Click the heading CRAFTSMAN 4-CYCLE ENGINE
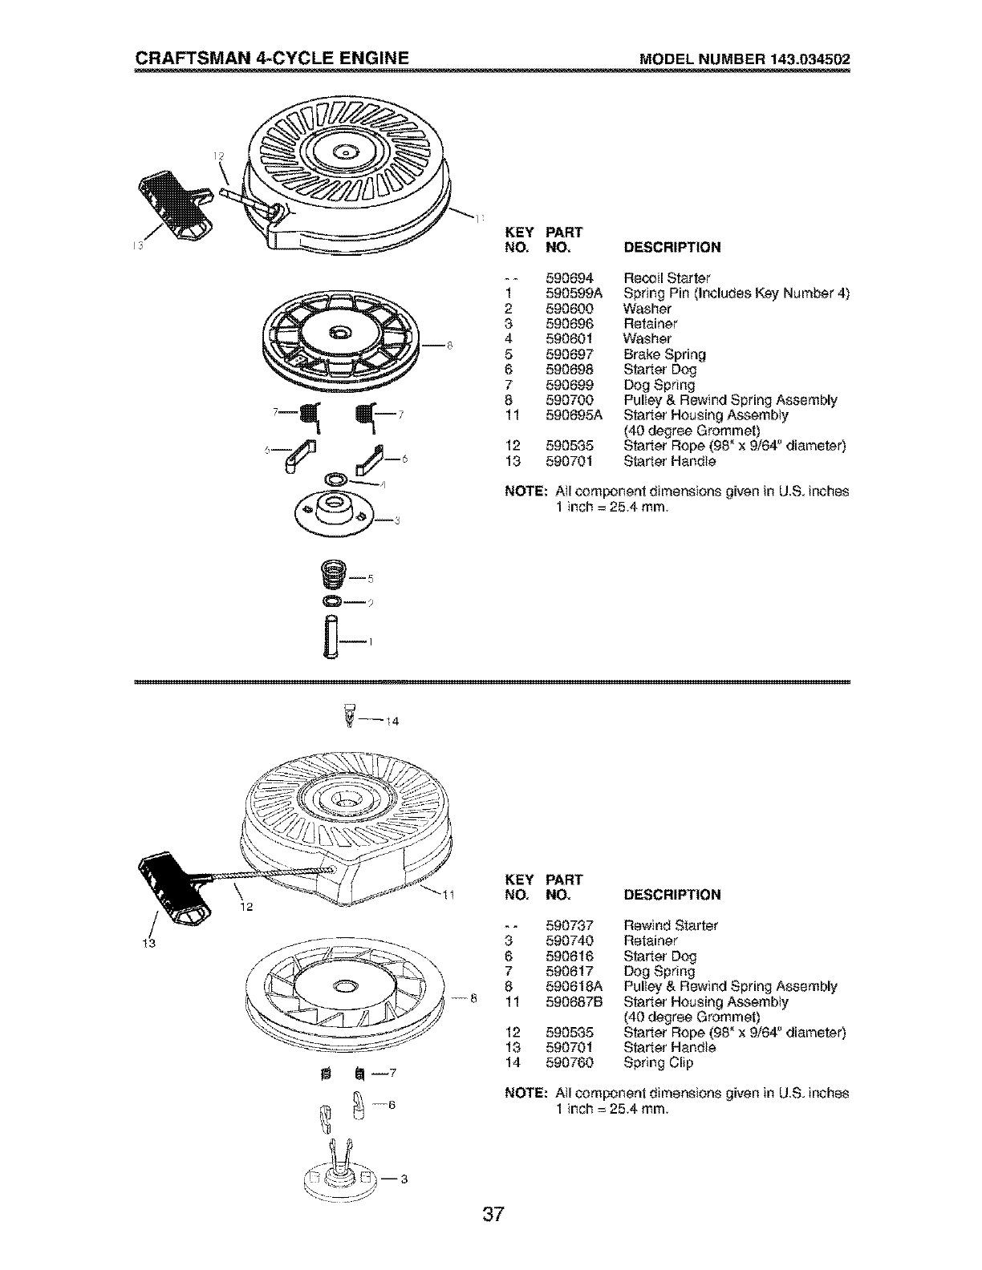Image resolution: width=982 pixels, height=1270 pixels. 273,58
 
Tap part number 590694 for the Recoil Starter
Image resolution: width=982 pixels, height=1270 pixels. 569,278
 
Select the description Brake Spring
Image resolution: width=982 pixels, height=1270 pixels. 664,354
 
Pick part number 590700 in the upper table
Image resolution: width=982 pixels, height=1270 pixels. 569,400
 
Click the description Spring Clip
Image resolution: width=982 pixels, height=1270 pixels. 658,1063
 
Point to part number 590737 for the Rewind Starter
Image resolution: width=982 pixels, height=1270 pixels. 569,925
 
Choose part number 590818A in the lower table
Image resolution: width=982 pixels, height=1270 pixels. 573,987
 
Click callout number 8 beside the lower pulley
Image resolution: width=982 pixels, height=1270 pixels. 473,999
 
